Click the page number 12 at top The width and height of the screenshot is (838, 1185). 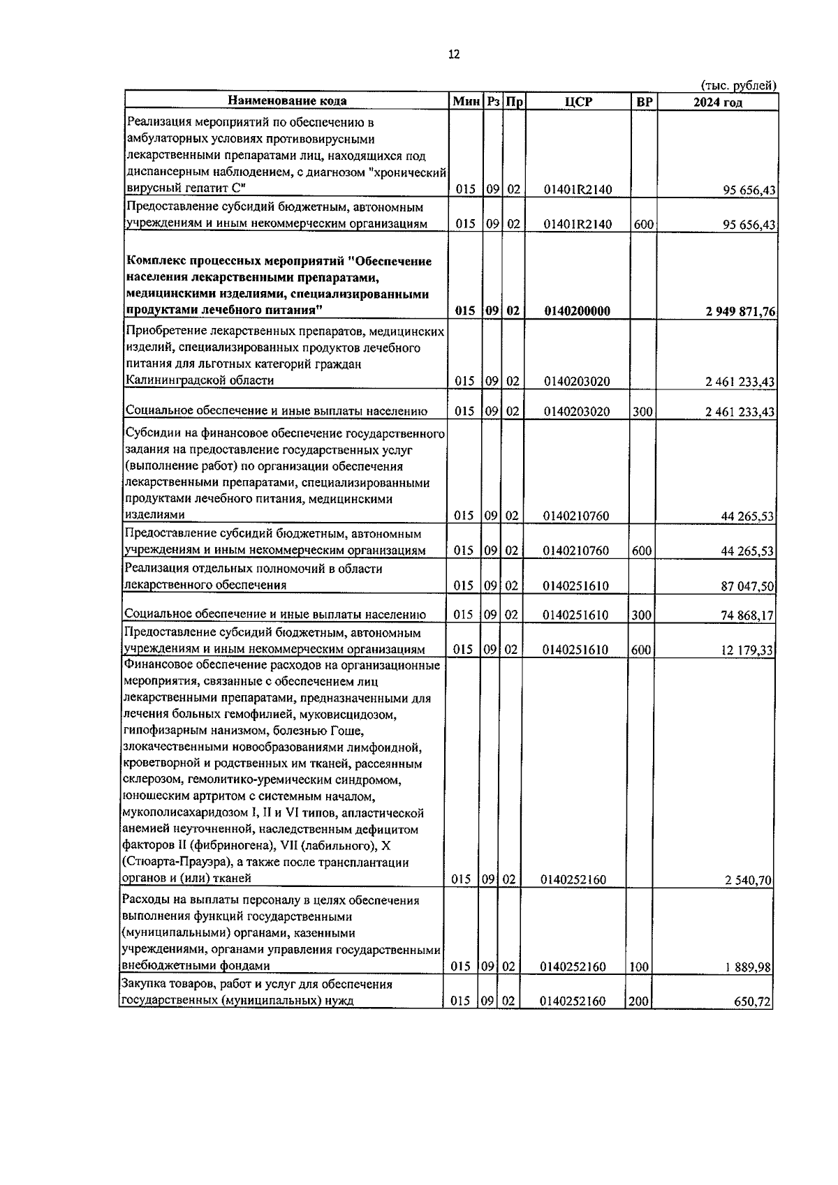coord(454,55)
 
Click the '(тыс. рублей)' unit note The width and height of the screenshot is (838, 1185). coord(739,86)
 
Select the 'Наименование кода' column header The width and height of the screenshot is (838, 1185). coord(287,101)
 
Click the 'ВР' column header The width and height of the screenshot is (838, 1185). coord(645,102)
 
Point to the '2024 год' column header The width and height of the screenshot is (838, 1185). coord(717,103)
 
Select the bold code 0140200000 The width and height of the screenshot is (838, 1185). coord(577,312)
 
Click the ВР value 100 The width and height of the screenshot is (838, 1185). coord(639,967)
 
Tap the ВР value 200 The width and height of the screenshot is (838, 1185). coord(639,1001)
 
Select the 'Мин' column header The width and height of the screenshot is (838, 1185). coord(466,102)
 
